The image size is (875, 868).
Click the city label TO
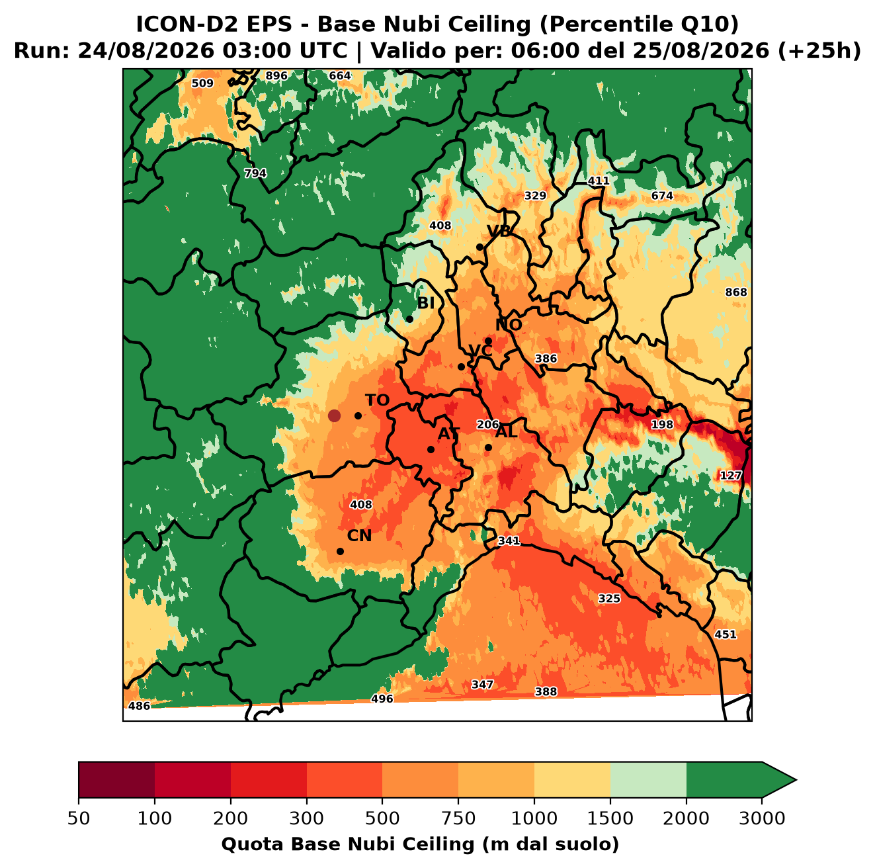click(378, 400)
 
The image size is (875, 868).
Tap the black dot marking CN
click(340, 551)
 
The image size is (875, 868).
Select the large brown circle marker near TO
click(334, 415)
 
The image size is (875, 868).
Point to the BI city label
click(425, 303)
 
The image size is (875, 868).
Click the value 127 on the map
click(731, 476)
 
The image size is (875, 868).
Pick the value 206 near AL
click(487, 425)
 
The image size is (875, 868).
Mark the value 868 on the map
click(736, 292)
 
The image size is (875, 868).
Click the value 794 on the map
click(255, 173)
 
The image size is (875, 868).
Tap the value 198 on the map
click(662, 424)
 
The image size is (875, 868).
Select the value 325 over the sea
click(609, 598)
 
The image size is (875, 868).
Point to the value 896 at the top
click(276, 76)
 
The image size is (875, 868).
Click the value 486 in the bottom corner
click(139, 705)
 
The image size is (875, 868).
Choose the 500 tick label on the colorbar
click(382, 818)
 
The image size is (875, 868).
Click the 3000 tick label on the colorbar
click(762, 818)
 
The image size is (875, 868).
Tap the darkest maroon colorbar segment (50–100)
click(116, 780)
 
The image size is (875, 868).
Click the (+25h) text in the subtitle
click(819, 51)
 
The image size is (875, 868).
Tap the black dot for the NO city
click(488, 341)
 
